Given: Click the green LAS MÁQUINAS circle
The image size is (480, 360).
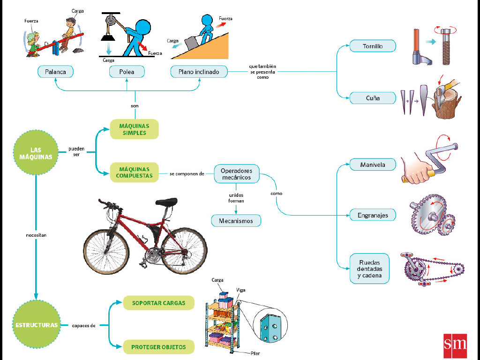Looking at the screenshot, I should [x=36, y=153].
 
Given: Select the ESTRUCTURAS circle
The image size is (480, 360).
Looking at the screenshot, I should [x=36, y=324].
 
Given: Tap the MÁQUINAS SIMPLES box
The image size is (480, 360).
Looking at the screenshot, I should [x=134, y=129].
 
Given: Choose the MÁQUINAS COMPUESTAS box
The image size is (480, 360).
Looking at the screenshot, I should [x=134, y=172].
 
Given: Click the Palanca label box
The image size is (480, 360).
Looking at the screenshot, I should [x=56, y=72].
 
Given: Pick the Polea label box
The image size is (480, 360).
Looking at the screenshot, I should [x=127, y=72].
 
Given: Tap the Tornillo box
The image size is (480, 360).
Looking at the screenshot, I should [x=373, y=46].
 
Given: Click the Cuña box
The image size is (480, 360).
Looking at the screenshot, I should [x=373, y=98].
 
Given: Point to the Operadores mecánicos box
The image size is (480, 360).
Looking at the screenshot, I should [x=236, y=174].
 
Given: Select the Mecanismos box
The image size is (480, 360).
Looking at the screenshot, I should [x=236, y=220].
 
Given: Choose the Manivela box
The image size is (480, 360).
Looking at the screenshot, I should [x=373, y=165].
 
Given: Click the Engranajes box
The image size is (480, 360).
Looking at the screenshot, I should [x=373, y=215].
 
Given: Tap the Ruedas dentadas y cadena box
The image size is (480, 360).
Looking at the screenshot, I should [x=370, y=269].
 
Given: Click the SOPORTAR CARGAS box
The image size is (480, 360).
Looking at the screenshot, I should [x=158, y=303].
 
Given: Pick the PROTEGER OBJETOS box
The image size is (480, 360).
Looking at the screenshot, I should [x=158, y=347].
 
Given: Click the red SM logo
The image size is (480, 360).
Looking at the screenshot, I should [x=455, y=345].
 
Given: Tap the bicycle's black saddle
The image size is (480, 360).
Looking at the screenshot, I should [x=166, y=202].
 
